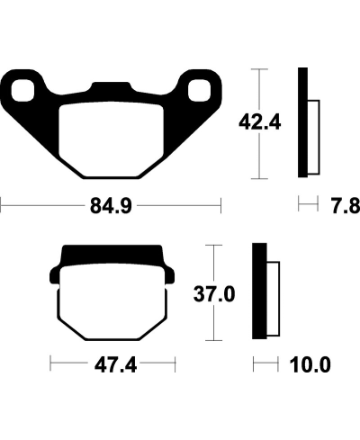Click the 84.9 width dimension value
click(x=112, y=208)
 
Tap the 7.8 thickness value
click(x=345, y=208)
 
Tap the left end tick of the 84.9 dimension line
click(x=2, y=208)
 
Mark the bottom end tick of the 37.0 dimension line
click(x=212, y=341)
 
